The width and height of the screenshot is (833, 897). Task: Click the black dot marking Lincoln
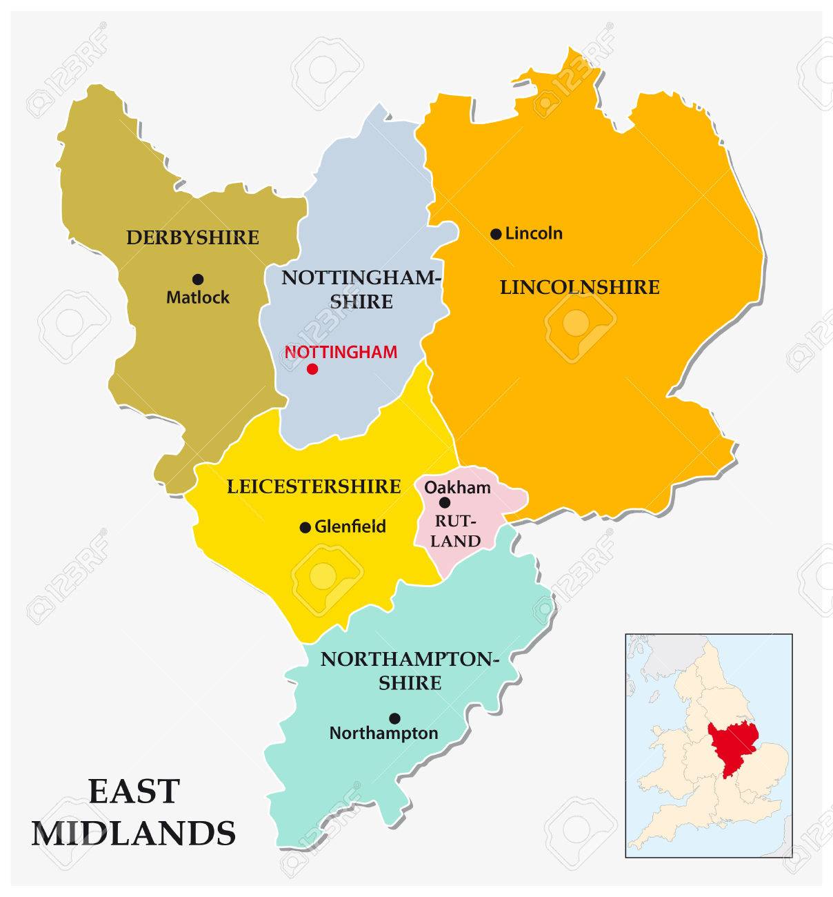(x=496, y=234)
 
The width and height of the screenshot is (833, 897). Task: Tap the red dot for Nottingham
(x=312, y=369)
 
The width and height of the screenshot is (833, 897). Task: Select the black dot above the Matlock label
(x=198, y=279)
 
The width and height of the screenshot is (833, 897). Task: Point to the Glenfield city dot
(x=305, y=528)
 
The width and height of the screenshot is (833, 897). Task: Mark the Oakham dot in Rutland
(x=445, y=503)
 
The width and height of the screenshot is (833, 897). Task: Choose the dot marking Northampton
(x=394, y=718)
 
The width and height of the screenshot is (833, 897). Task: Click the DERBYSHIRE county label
(x=192, y=238)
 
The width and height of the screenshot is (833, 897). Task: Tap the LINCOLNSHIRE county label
(x=579, y=287)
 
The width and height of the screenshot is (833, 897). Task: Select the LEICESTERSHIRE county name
(x=314, y=486)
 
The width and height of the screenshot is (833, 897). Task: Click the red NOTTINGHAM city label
(x=341, y=352)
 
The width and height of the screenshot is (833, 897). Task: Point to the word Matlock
(x=198, y=298)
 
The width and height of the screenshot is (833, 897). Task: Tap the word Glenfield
(x=350, y=527)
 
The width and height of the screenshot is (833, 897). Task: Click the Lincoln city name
(x=534, y=233)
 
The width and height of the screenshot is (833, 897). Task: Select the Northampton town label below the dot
(x=383, y=733)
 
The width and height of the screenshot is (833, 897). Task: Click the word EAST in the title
(x=134, y=791)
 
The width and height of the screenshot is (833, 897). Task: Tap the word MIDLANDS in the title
(x=134, y=833)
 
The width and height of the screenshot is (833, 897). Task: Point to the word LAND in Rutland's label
(x=456, y=541)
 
